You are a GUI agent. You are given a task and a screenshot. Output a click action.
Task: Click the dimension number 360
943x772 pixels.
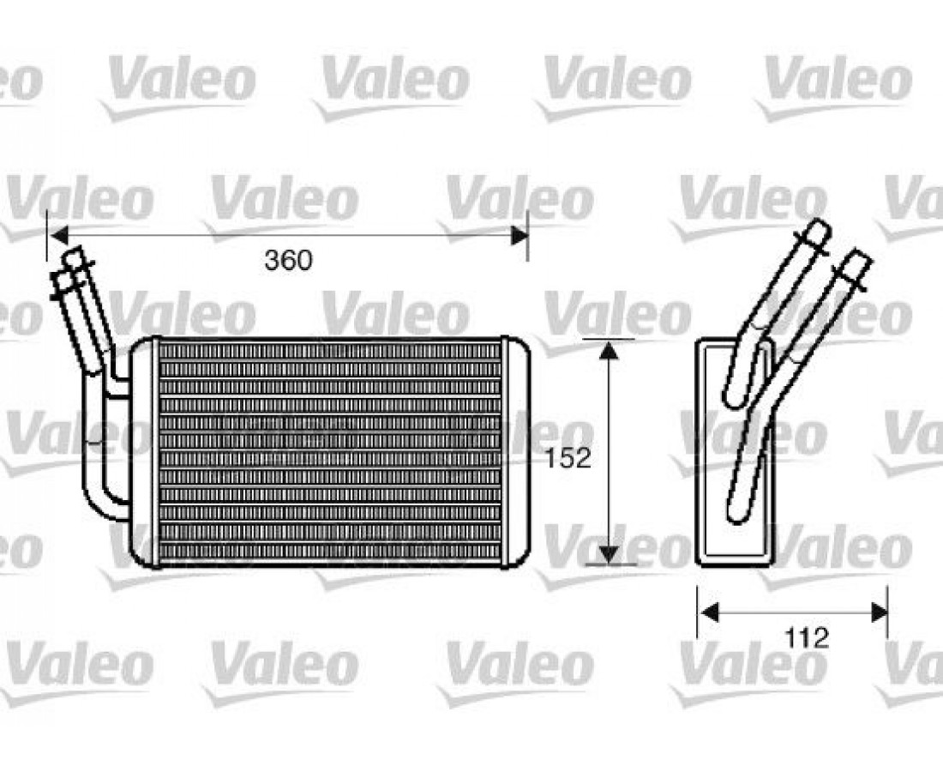289,260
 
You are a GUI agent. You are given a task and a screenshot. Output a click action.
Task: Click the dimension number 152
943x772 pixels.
568,458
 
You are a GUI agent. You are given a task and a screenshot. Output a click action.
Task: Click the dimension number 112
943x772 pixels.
806,638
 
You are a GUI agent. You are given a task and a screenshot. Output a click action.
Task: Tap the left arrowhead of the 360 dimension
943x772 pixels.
58,236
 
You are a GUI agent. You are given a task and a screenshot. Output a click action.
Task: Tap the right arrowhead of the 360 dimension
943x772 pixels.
520,236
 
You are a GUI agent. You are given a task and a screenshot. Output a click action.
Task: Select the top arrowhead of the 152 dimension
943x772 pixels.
610,350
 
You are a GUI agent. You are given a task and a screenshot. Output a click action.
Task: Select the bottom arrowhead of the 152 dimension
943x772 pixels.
610,555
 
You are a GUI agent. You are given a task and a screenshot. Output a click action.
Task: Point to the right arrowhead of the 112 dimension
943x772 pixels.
880,613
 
